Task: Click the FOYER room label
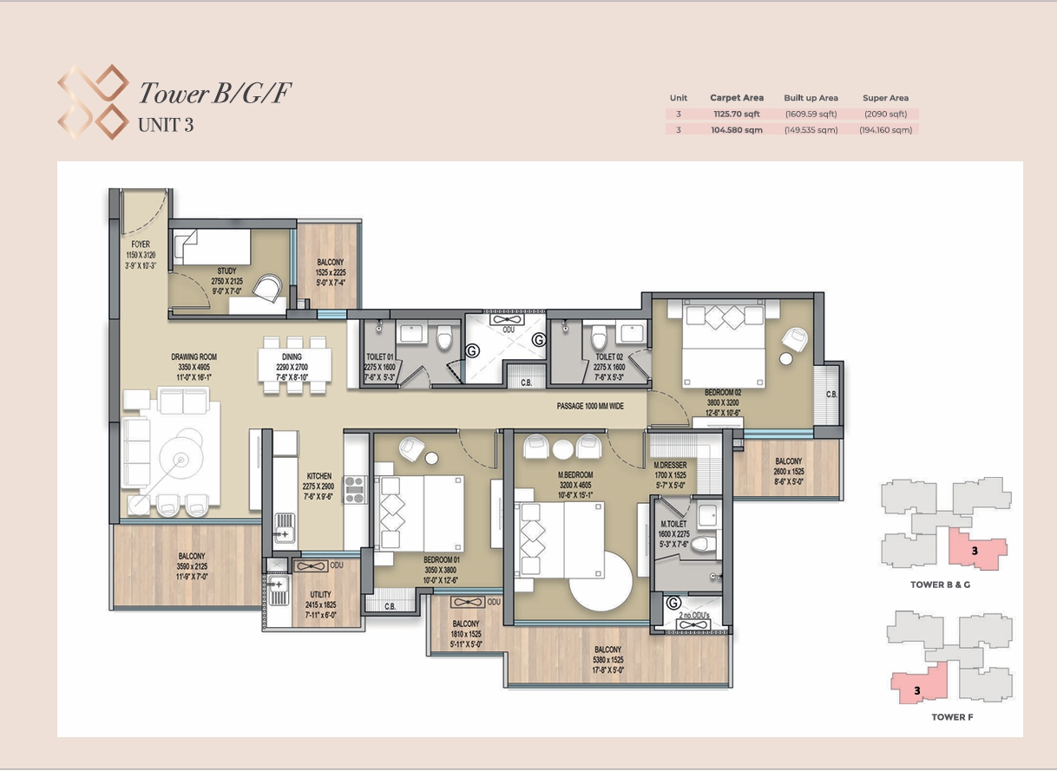point(141,245)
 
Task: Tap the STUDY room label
point(227,271)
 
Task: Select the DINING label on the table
point(292,357)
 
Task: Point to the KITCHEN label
point(319,476)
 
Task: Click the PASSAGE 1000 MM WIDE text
point(590,406)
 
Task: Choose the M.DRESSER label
point(670,465)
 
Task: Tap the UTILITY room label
point(320,595)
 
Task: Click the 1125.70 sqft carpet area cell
point(737,114)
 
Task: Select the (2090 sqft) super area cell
point(886,114)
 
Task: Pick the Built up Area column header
point(811,98)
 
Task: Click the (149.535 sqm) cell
point(811,130)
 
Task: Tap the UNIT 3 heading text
point(166,126)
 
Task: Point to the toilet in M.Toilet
point(704,544)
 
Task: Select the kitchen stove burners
point(355,489)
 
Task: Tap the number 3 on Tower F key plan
point(917,691)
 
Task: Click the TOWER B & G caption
point(940,585)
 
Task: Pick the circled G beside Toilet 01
point(472,350)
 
